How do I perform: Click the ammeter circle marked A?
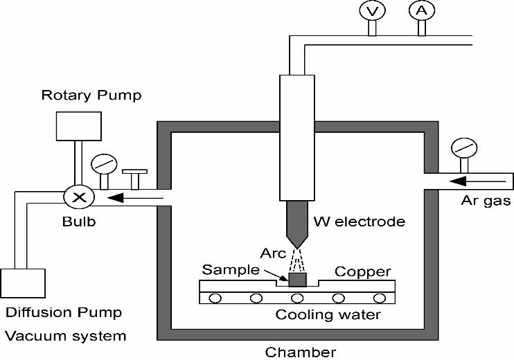pos(420,11)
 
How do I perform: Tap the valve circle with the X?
pos(80,197)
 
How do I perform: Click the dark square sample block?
pos(297,280)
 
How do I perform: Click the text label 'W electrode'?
pos(358,222)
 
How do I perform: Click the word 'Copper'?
pos(363,271)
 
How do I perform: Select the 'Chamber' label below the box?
pos(300,352)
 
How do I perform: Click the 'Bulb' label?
pos(78,223)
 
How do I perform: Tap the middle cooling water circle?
pos(297,298)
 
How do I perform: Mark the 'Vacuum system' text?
pos(65,336)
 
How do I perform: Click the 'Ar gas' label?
pos(486,201)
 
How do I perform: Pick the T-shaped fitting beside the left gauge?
pos(134,177)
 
